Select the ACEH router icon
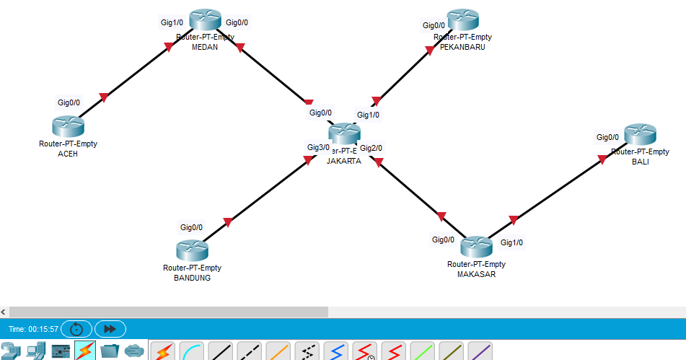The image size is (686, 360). pos(69,126)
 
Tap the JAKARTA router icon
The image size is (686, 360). pos(344,133)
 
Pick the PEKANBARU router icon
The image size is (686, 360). pos(463,20)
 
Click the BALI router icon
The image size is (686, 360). pos(641,135)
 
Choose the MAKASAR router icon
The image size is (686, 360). pos(476,247)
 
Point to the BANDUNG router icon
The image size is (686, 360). pos(192,250)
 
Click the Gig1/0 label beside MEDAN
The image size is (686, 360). pos(172,22)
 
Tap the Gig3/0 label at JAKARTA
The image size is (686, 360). pos(318,147)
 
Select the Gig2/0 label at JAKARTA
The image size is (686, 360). pos(371,148)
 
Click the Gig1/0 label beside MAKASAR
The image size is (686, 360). pos(512,242)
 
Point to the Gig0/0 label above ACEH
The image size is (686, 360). pos(69,102)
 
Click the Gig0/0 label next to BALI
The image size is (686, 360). pos(607,137)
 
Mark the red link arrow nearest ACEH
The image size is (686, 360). pos(103,97)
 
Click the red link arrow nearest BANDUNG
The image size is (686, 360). pos(228,222)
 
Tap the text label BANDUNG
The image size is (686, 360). pos(192,277)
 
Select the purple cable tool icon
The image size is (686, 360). pos(480,351)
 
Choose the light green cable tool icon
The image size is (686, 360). pos(423,351)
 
